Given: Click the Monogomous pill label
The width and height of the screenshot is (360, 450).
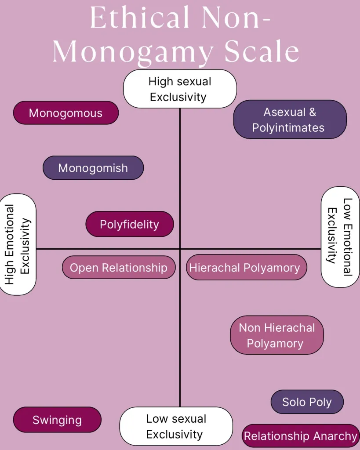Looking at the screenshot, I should pyautogui.click(x=66, y=113).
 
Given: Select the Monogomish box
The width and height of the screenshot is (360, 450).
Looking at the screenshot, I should pyautogui.click(x=93, y=168).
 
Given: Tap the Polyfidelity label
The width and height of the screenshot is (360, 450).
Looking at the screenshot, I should pyautogui.click(x=130, y=224).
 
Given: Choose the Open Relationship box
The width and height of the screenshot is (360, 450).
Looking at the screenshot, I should pyautogui.click(x=119, y=268).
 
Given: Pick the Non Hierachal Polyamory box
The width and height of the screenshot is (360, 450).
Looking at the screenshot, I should pyautogui.click(x=277, y=335).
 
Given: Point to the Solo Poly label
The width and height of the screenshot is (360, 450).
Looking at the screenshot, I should pyautogui.click(x=307, y=402).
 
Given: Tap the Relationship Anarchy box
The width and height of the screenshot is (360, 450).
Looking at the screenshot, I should pyautogui.click(x=301, y=436).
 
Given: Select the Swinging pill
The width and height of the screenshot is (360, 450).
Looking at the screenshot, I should pyautogui.click(x=57, y=420).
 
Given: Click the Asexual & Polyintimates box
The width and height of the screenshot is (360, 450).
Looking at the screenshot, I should pyautogui.click(x=290, y=120).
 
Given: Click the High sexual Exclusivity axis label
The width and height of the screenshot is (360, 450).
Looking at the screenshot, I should pyautogui.click(x=180, y=89).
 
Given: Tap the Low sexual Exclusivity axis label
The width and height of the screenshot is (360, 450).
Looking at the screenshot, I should pyautogui.click(x=176, y=426).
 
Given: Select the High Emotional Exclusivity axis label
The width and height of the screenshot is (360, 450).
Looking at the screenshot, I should pyautogui.click(x=18, y=244).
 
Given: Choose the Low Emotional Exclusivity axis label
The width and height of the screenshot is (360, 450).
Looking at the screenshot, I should pyautogui.click(x=340, y=237).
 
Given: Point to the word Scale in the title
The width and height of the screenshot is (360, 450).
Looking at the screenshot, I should pyautogui.click(x=262, y=51).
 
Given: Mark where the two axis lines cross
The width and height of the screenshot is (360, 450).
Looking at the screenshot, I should pyautogui.click(x=180, y=249).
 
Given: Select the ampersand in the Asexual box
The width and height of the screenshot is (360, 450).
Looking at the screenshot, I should pyautogui.click(x=312, y=112).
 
